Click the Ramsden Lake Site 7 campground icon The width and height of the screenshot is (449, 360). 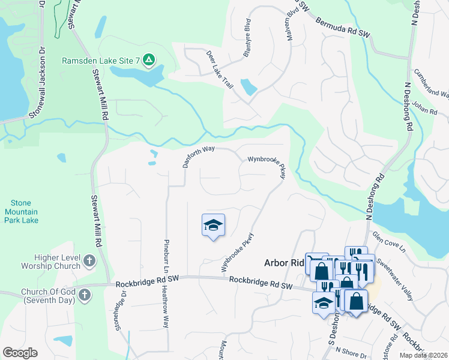(148, 60)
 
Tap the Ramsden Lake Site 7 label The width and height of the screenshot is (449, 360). (101, 61)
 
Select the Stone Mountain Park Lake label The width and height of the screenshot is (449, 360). (22, 212)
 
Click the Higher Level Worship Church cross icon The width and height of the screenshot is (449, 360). (89, 261)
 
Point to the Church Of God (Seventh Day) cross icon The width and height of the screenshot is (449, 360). (85, 295)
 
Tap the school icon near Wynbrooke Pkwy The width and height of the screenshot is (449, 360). (213, 226)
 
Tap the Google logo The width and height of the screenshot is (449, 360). (20, 353)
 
